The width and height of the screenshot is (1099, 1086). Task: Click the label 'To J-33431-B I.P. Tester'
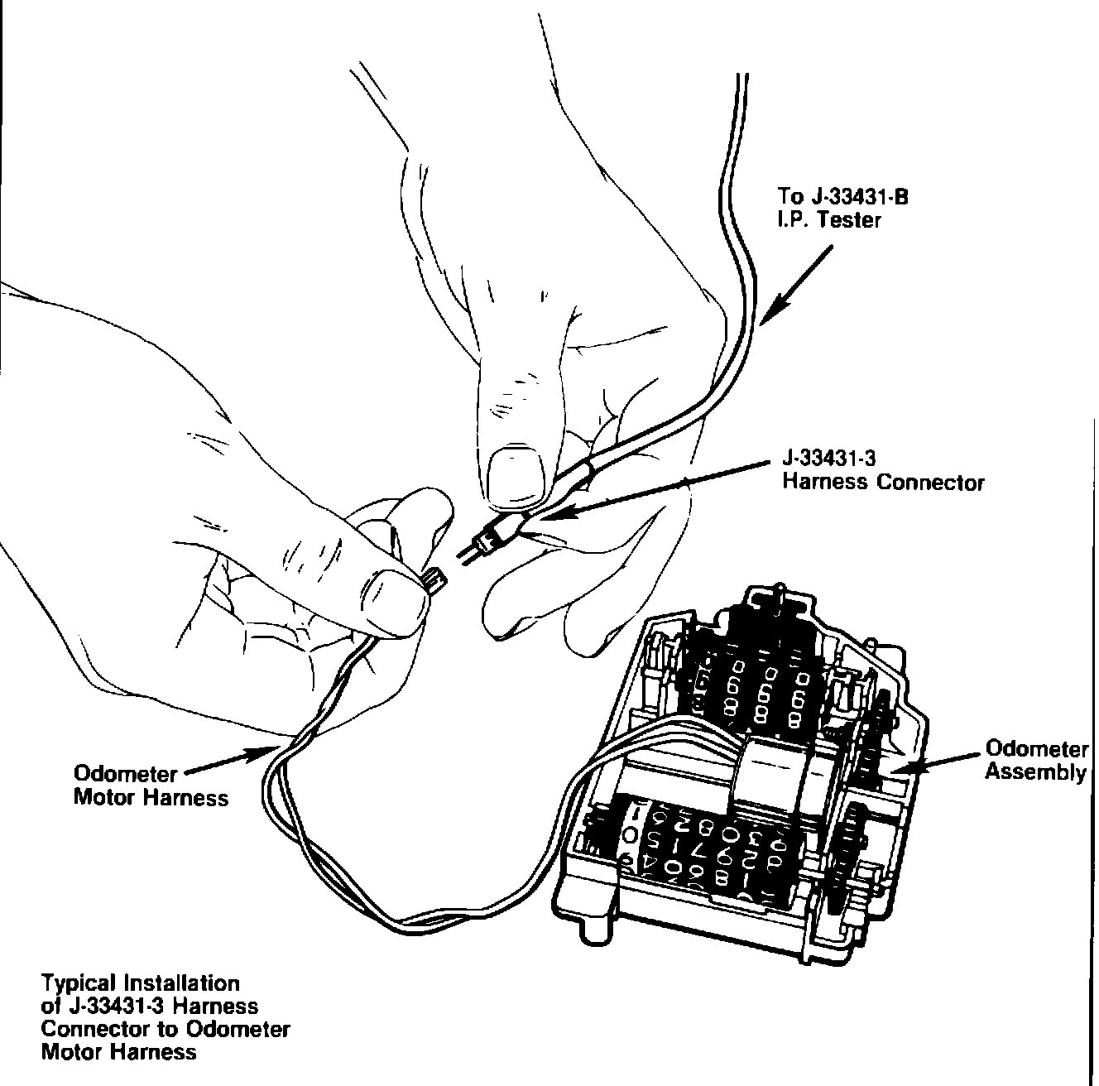(x=836, y=208)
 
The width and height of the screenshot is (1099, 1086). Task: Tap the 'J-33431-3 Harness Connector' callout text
(x=883, y=470)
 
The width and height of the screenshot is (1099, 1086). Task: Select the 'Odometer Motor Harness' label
(x=151, y=786)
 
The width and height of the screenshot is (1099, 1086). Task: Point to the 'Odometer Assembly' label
(x=1035, y=761)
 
